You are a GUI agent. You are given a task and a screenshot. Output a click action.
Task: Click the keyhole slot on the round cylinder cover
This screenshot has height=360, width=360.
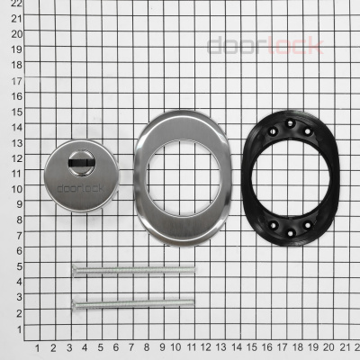point(81,163)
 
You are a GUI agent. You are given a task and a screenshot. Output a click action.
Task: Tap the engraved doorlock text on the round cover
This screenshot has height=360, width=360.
point(80,188)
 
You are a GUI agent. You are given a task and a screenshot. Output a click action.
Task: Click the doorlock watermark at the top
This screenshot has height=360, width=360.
point(265,45)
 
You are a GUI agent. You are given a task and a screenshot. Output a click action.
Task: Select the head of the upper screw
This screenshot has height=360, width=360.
point(75,271)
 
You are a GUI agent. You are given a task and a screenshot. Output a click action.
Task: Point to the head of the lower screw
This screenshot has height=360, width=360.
point(75,305)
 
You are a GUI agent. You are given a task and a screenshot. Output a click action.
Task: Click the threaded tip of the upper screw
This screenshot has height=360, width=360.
point(193,269)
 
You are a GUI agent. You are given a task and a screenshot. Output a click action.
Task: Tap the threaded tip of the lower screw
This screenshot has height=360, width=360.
point(192,302)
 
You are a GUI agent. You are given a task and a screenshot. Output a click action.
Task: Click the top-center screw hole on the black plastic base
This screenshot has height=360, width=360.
point(290,123)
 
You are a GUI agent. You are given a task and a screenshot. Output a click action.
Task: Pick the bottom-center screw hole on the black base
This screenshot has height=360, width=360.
point(290,233)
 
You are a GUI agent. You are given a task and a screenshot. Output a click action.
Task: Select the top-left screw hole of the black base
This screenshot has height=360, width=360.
point(273,131)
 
